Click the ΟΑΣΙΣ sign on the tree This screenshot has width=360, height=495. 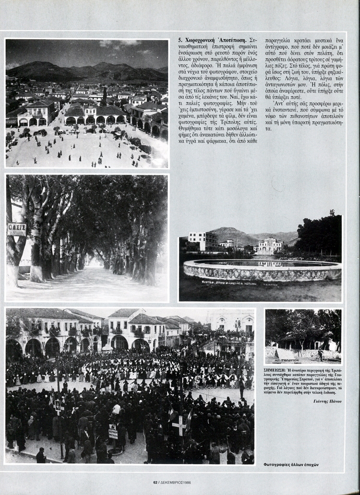click(17, 229)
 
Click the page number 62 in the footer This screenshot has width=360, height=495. click(156, 482)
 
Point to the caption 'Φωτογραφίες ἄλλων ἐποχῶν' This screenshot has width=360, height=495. click(291, 464)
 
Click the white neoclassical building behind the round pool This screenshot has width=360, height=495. click(270, 246)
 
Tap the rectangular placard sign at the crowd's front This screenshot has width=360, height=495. click(113, 432)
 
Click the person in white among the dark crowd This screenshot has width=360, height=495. click(117, 409)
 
